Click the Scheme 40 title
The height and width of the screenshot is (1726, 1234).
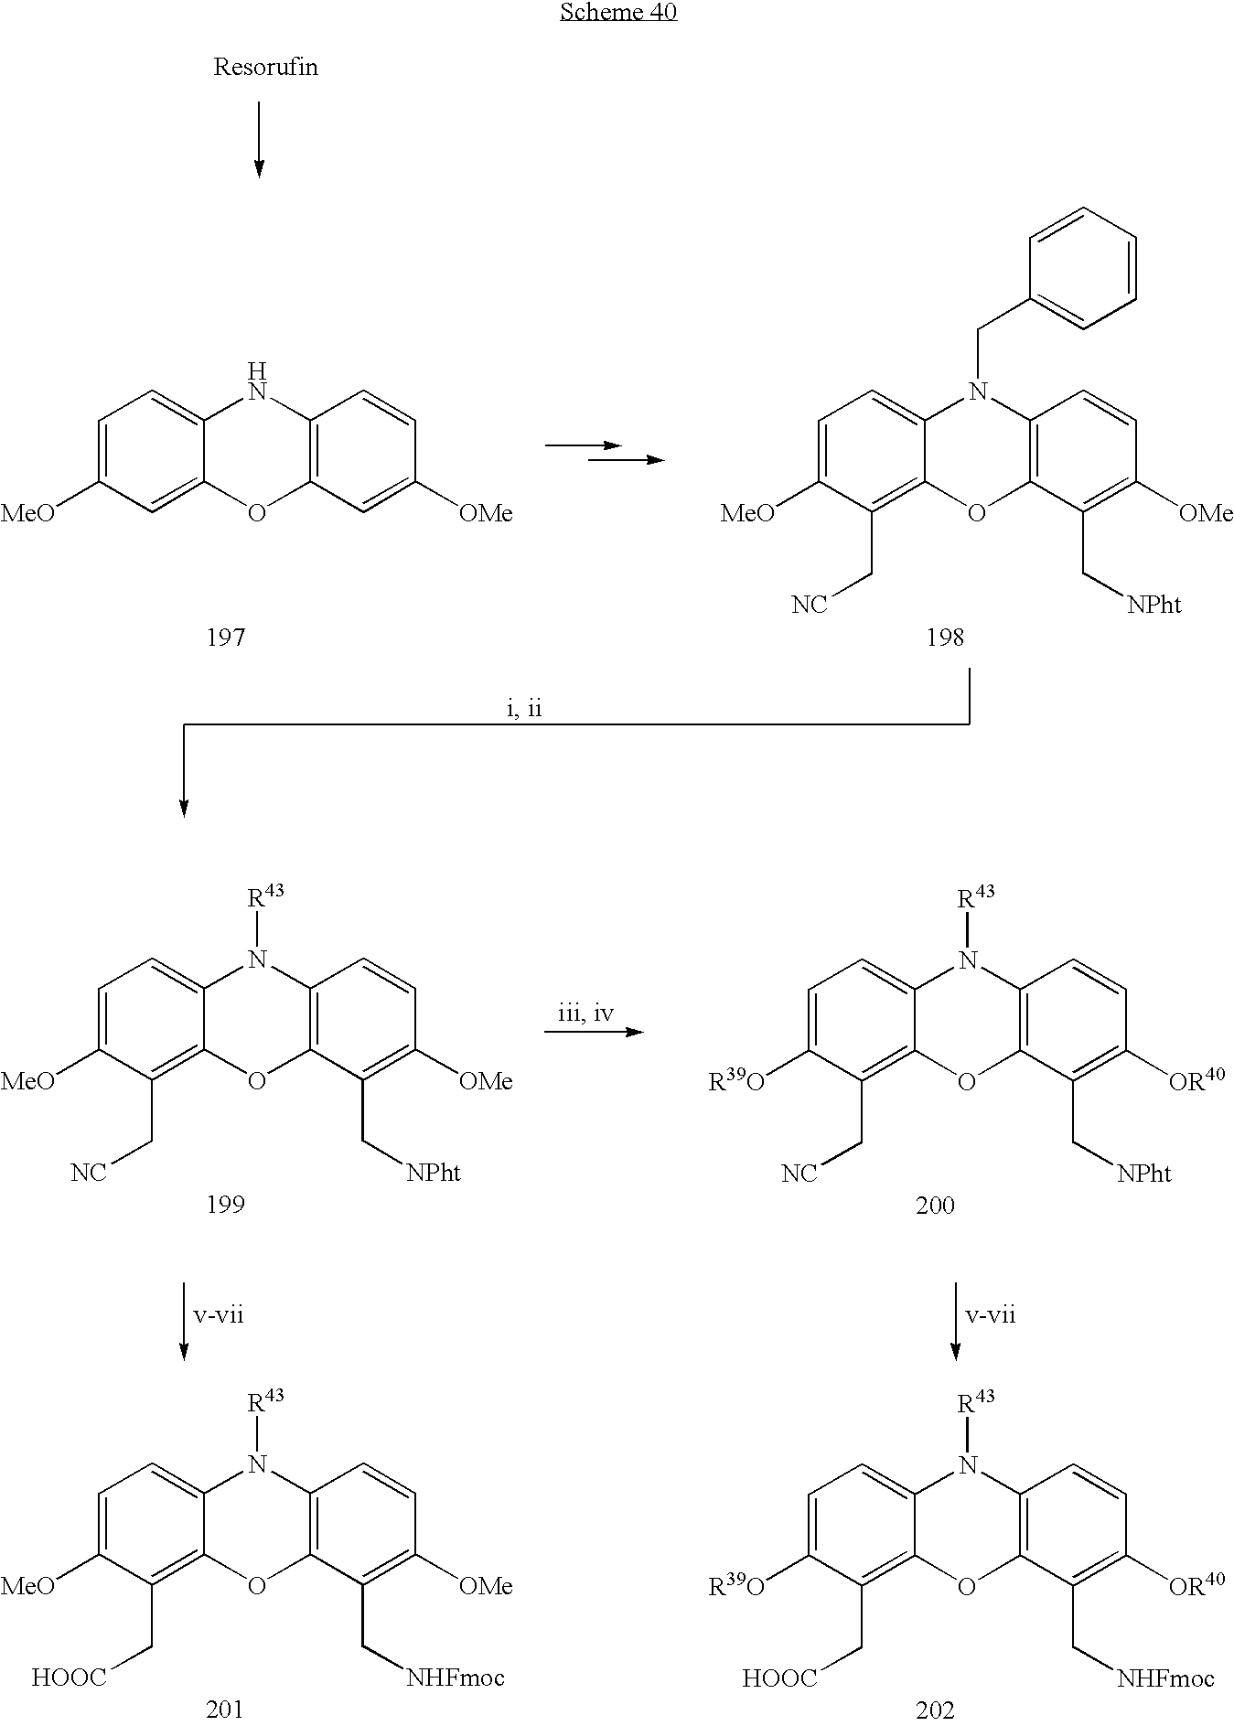[x=617, y=13]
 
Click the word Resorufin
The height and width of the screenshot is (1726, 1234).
[x=265, y=68]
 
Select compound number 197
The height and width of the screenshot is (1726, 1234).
[x=225, y=638]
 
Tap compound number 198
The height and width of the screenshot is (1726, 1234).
[x=944, y=638]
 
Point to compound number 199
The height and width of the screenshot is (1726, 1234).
[x=225, y=1205]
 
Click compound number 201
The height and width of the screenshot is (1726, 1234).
[x=225, y=1709]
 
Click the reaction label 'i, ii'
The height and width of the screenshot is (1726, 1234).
[x=524, y=710]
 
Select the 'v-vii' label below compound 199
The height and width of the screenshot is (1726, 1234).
[x=219, y=1315]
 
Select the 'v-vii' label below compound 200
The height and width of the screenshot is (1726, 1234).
[x=991, y=1315]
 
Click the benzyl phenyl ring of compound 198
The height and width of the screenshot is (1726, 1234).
[x=1083, y=267]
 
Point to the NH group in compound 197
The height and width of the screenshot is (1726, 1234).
[x=258, y=383]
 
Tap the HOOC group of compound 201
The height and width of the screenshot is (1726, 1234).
[x=70, y=1678]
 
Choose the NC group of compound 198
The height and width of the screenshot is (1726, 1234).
[x=810, y=605]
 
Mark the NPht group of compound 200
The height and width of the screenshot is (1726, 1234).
[x=1143, y=1174]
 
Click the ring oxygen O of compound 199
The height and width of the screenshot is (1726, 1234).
[x=257, y=1082]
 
